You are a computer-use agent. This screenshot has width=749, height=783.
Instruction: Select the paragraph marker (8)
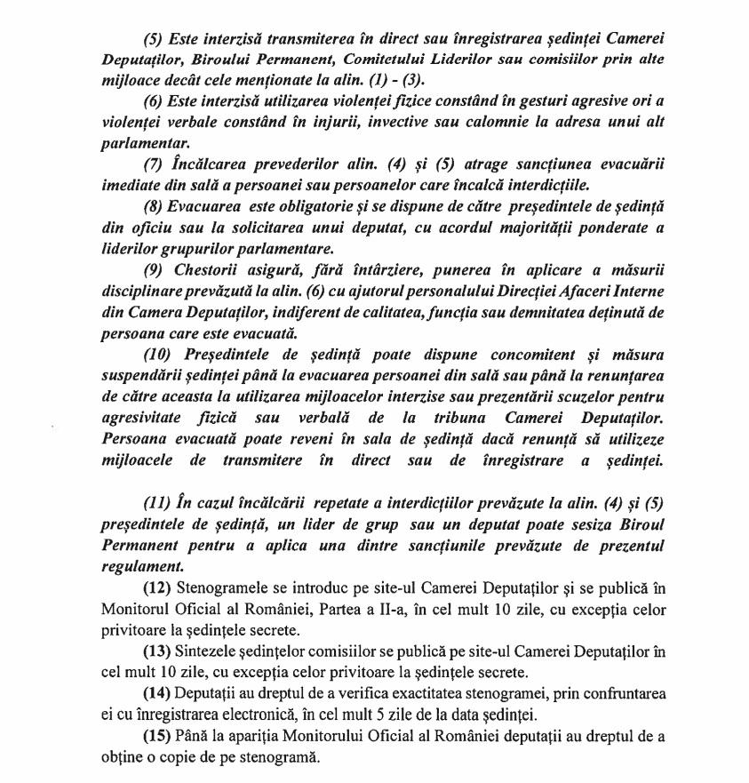click(155, 206)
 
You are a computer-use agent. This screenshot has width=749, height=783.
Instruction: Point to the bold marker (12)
click(157, 588)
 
